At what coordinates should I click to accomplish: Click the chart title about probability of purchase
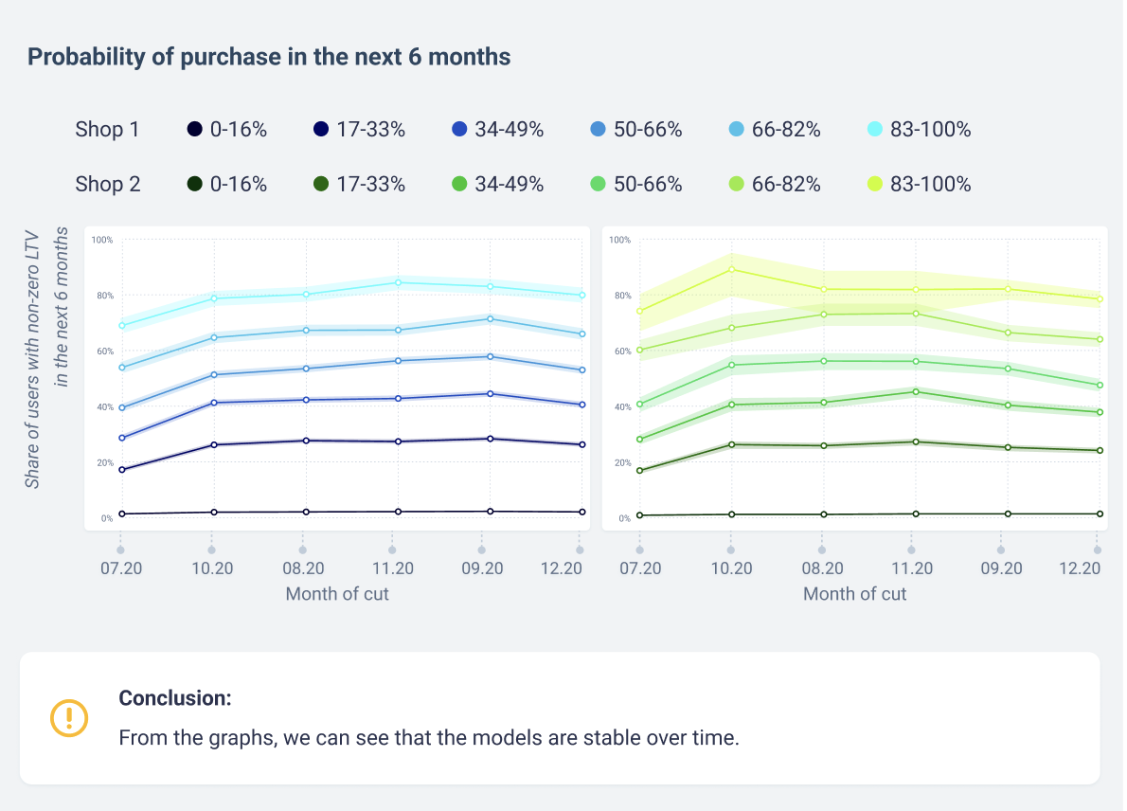[x=269, y=57]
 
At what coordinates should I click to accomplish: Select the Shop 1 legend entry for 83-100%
[x=919, y=130]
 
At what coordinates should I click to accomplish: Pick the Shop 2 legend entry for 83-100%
[x=919, y=184]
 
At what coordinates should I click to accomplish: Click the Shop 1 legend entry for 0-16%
[x=227, y=130]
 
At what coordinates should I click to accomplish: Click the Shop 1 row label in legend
[x=107, y=130]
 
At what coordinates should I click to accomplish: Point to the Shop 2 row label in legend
[x=107, y=184]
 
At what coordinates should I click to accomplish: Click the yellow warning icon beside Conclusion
[x=69, y=717]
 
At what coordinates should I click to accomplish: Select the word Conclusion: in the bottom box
[x=175, y=698]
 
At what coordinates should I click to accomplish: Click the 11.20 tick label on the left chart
[x=392, y=568]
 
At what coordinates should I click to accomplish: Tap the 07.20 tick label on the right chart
[x=640, y=568]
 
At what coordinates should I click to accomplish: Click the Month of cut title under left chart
[x=337, y=594]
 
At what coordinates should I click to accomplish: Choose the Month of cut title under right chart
[x=854, y=594]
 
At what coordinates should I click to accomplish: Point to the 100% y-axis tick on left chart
[x=102, y=240]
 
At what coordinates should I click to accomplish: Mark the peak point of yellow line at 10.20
[x=731, y=269]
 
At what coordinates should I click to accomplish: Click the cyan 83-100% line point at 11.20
[x=398, y=282]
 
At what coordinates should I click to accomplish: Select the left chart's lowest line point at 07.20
[x=122, y=514]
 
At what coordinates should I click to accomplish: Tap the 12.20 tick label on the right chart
[x=1080, y=568]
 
